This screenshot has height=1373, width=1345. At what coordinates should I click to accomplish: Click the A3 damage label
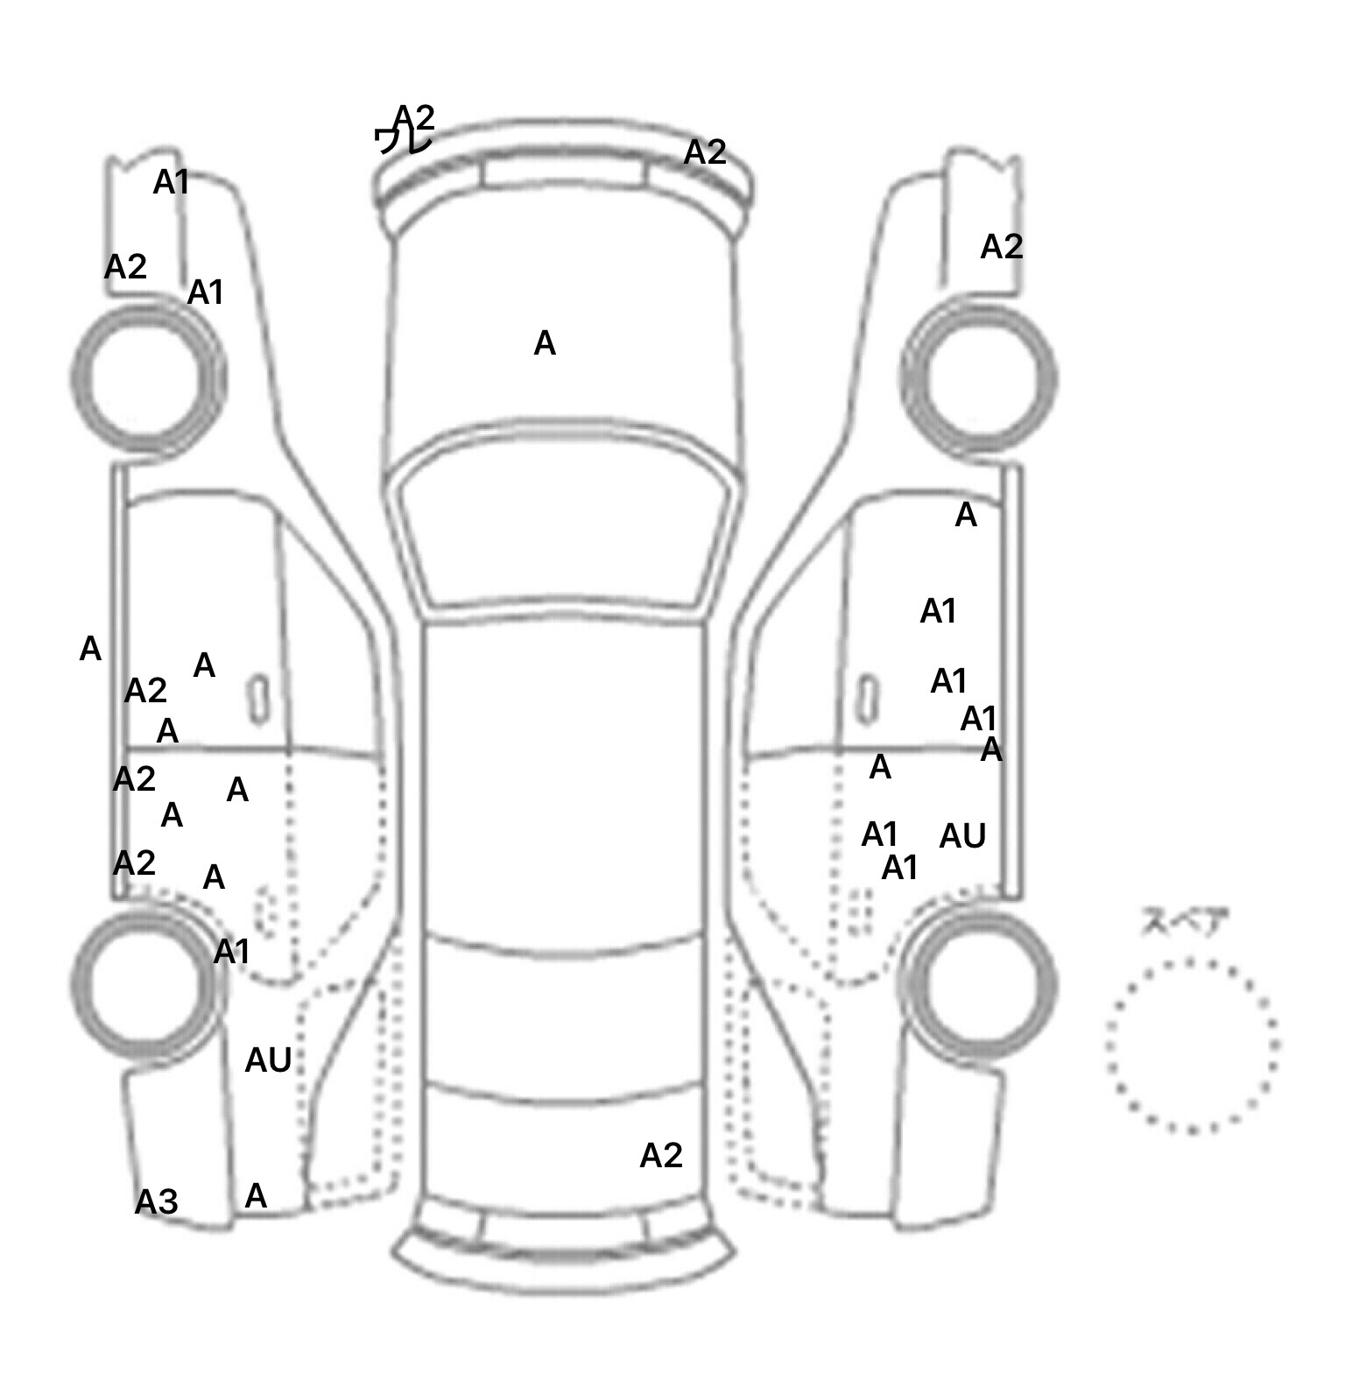(x=157, y=1201)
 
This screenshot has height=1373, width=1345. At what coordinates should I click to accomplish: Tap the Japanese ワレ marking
(x=403, y=140)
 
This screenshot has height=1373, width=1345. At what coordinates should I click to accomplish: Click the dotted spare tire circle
(x=1192, y=1045)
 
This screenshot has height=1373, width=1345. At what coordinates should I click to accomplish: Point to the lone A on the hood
(x=545, y=344)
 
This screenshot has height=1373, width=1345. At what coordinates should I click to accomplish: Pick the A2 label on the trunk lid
(x=661, y=1156)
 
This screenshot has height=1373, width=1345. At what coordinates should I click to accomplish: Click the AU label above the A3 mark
(x=268, y=1060)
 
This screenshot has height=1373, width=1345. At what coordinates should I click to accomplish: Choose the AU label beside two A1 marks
(x=962, y=836)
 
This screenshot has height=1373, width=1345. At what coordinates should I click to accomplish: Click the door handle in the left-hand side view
(x=258, y=700)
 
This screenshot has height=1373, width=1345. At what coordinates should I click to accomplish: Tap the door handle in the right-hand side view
(x=866, y=700)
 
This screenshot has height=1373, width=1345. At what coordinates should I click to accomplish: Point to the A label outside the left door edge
(x=90, y=650)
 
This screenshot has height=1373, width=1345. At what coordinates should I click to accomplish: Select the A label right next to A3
(x=256, y=1195)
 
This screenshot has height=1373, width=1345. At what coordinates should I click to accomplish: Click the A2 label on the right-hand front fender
(x=1002, y=248)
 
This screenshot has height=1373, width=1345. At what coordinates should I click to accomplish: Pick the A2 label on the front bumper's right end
(x=705, y=153)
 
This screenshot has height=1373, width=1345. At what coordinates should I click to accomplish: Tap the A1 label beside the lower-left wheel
(x=232, y=951)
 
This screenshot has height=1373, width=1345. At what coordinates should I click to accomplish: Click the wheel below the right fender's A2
(x=979, y=379)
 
